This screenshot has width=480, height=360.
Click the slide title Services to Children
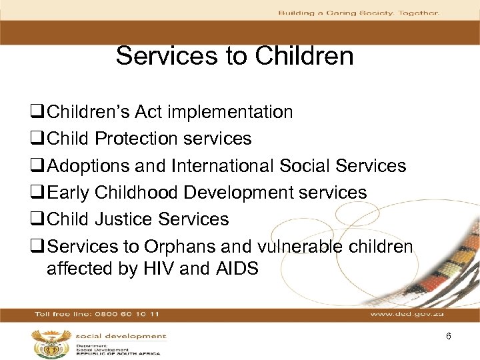pos(235,56)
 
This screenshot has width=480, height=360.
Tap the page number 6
pos(449,336)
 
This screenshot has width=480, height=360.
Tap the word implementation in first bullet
pos(231,112)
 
